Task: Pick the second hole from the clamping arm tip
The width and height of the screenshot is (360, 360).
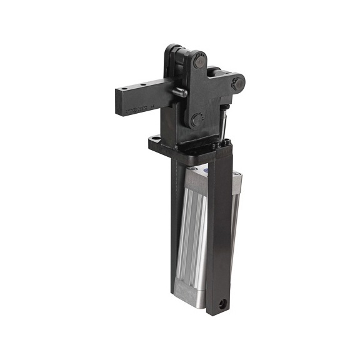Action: click(x=143, y=85)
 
